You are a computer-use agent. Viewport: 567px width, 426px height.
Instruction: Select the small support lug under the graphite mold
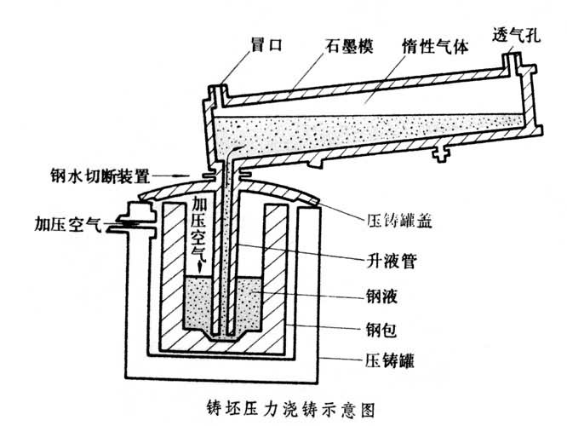tap(440, 153)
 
